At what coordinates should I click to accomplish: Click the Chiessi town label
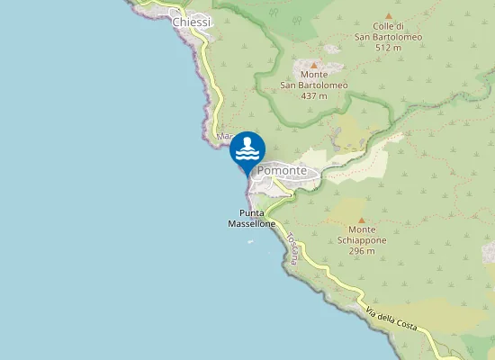(191, 22)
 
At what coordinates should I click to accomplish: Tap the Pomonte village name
(282, 171)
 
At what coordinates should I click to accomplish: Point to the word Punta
(252, 213)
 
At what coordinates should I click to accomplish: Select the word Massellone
(251, 223)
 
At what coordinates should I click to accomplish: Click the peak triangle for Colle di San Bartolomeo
(388, 16)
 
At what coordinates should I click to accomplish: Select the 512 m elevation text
(389, 48)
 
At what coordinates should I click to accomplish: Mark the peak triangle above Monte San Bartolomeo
(314, 65)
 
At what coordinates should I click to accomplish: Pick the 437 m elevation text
(314, 95)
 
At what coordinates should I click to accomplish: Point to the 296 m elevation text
(362, 251)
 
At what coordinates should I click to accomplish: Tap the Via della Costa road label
(392, 319)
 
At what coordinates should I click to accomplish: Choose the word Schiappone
(362, 241)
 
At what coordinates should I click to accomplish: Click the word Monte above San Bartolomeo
(314, 76)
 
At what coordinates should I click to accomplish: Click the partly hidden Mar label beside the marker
(223, 138)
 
